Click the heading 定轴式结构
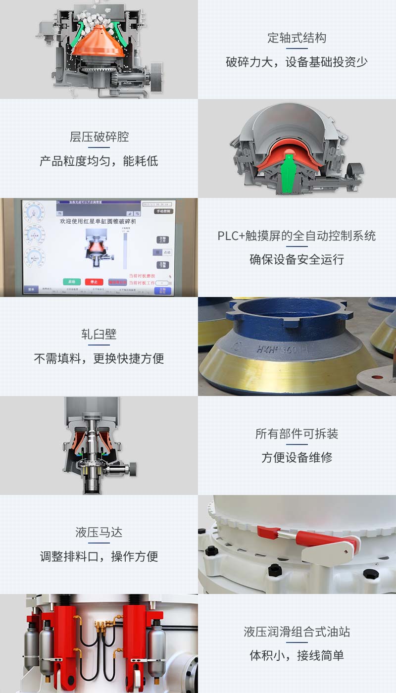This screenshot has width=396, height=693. point(297,38)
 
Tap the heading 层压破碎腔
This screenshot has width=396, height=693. point(99,137)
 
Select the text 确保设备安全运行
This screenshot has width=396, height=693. point(297,259)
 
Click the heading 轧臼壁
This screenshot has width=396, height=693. point(99,335)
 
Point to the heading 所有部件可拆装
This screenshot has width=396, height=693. point(297,434)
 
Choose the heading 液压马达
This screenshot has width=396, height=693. point(99,533)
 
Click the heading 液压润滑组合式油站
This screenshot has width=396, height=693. point(297,632)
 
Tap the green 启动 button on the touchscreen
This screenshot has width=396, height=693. point(72,282)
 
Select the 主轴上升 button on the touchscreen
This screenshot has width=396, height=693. point(162,240)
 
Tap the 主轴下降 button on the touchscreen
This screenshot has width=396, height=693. point(162,265)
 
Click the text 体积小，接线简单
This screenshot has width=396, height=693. point(297,656)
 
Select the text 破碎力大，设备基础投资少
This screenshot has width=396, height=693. point(297,62)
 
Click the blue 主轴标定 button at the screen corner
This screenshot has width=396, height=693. point(162,291)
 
